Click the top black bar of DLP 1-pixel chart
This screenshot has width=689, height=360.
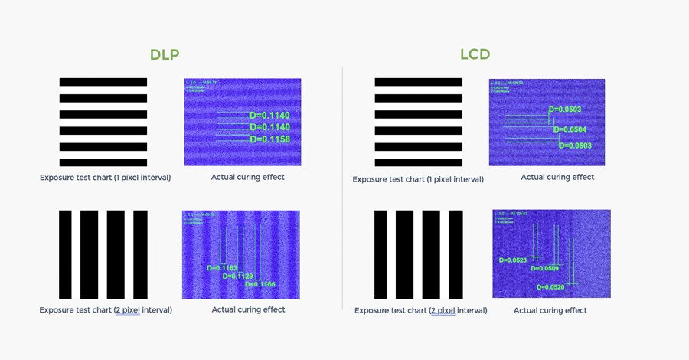click(103, 82)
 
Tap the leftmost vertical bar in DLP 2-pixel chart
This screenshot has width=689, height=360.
click(65, 254)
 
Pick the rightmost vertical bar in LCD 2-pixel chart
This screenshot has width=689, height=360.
click(456, 254)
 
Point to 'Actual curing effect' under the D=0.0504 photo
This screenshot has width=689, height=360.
click(557, 178)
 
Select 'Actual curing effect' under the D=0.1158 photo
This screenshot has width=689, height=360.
click(247, 178)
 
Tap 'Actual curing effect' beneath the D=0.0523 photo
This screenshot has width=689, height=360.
click(550, 310)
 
